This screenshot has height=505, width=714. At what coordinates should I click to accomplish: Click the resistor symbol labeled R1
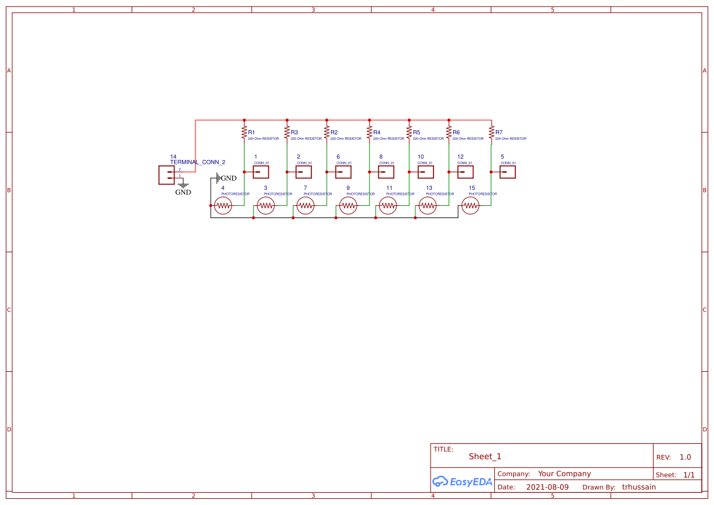click(x=244, y=132)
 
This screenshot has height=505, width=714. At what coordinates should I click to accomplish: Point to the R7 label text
click(x=499, y=133)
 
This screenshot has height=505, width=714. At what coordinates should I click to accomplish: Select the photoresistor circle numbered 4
click(x=223, y=206)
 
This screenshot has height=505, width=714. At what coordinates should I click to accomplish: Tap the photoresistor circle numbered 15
click(x=470, y=206)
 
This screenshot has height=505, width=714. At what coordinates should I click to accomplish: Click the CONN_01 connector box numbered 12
click(x=465, y=172)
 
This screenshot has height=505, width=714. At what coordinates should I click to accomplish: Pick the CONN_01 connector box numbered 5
click(x=508, y=172)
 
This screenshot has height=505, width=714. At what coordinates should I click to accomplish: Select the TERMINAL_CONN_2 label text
click(x=197, y=162)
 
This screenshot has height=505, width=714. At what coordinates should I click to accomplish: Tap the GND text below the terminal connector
click(x=183, y=192)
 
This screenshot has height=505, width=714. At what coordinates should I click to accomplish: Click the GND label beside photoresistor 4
click(x=228, y=178)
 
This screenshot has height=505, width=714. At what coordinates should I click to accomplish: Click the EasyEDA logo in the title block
click(x=462, y=482)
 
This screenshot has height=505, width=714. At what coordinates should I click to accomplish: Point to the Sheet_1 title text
click(x=485, y=457)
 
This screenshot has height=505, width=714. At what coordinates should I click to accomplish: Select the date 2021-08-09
click(x=547, y=487)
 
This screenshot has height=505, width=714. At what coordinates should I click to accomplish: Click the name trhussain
click(x=639, y=487)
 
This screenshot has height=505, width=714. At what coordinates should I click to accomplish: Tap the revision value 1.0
click(x=685, y=457)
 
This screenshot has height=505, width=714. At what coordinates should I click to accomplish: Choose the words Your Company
click(x=564, y=474)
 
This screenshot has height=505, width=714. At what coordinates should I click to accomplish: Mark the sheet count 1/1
click(x=689, y=475)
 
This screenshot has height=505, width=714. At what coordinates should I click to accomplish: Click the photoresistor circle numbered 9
click(x=348, y=206)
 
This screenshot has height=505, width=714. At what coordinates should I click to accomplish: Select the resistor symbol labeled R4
click(x=370, y=132)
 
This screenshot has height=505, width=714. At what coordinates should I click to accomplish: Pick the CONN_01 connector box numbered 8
click(x=386, y=172)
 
